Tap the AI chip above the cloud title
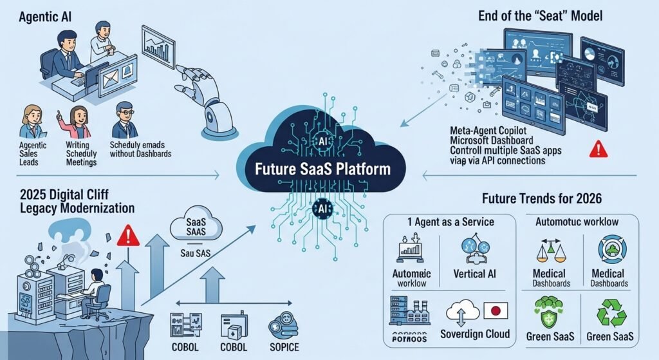pos(324,141)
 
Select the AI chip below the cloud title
pos(324,208)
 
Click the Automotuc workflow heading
pos(578,222)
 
